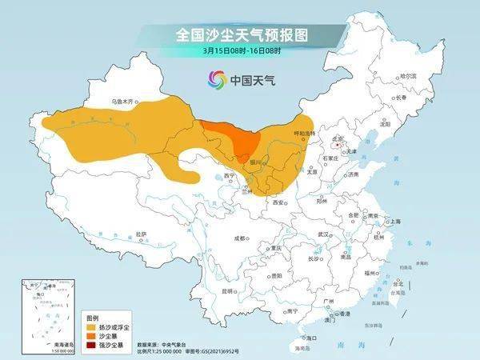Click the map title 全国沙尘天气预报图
pyautogui.click(x=242, y=35)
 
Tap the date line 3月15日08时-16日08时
pyautogui.click(x=242, y=51)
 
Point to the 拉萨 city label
pyautogui.click(x=141, y=234)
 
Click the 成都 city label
pyautogui.click(x=240, y=238)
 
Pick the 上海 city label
pyautogui.click(x=394, y=221)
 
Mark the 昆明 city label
pyautogui.click(x=229, y=290)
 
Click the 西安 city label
pyautogui.click(x=278, y=203)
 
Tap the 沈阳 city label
pyautogui.click(x=386, y=125)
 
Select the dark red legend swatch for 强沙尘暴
pyautogui.click(x=90, y=345)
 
